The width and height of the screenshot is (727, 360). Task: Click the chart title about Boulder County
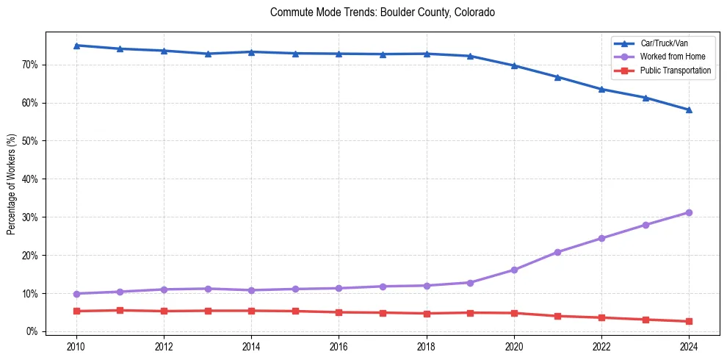click(x=382, y=12)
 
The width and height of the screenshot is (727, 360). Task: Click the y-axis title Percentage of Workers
click(x=11, y=184)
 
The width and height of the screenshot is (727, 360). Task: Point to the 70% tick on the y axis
click(x=30, y=65)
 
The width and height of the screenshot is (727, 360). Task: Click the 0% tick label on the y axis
click(x=32, y=331)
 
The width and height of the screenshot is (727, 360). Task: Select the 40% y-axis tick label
click(x=30, y=179)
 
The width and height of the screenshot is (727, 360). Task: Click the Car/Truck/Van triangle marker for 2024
click(x=689, y=110)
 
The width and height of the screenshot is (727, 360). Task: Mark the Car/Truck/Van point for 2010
click(x=76, y=46)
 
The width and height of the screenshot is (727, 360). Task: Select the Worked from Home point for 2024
click(x=689, y=212)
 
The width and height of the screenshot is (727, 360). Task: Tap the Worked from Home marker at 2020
click(x=514, y=270)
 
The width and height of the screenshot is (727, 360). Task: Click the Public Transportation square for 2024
click(x=689, y=321)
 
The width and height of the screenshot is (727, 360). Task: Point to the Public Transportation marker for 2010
click(x=76, y=311)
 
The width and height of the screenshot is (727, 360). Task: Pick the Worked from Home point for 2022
click(x=601, y=238)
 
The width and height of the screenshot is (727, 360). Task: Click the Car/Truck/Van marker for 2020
click(x=514, y=65)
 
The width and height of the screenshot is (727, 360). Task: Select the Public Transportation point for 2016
click(x=339, y=312)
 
